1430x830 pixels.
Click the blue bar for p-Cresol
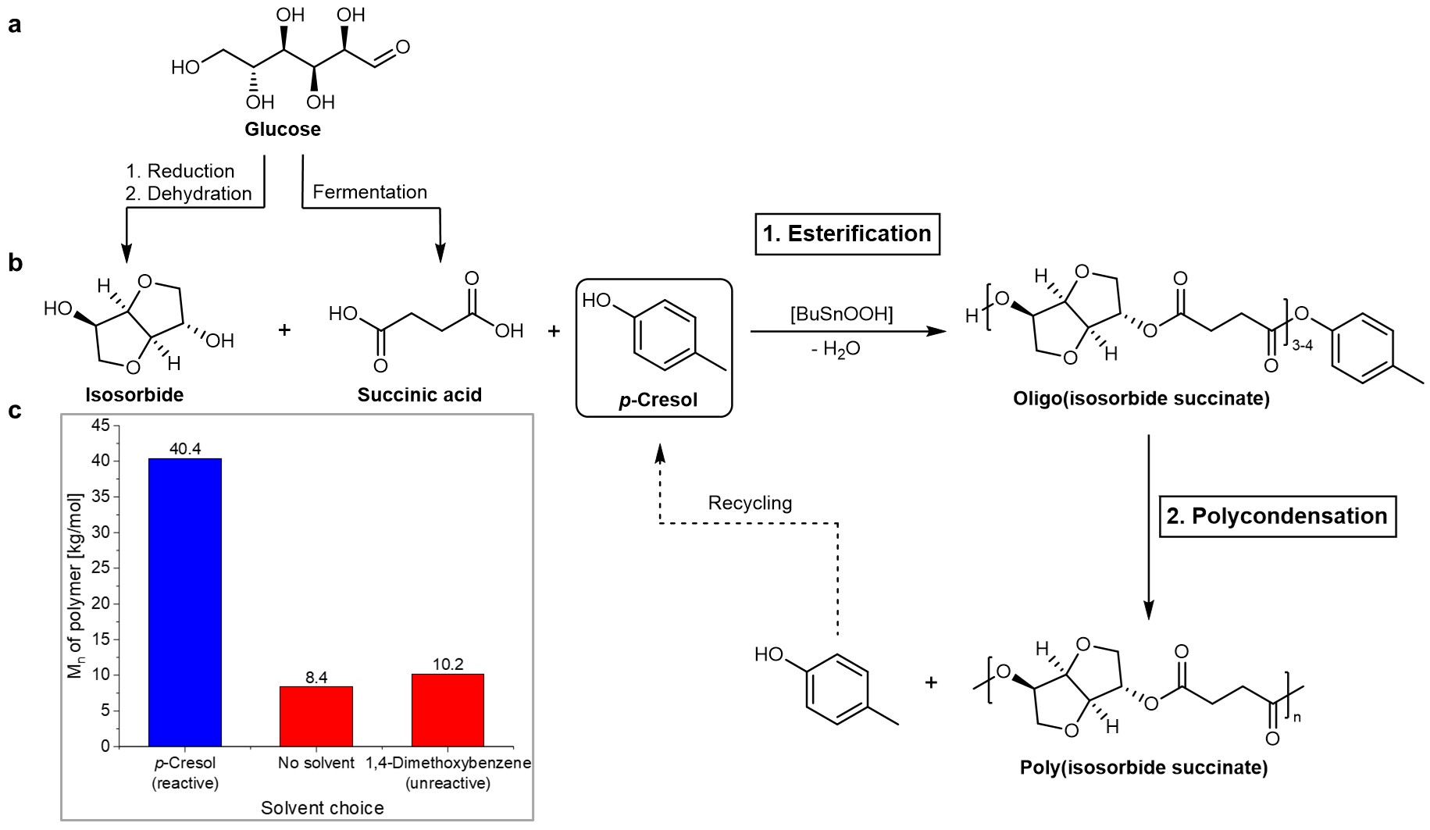coord(185,601)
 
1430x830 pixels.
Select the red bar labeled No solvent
coord(316,716)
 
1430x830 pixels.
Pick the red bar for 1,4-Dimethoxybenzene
coord(448,710)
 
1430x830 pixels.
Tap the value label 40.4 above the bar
coord(185,448)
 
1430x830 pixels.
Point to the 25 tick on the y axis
coord(101,568)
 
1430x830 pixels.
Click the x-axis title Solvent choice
coord(322,808)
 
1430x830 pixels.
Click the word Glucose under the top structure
coord(283,130)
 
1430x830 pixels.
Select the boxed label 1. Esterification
coord(847,233)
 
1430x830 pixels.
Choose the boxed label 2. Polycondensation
coord(1277,516)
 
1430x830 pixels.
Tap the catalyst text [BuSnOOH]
coord(842,314)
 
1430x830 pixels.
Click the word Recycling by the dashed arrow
coord(750,503)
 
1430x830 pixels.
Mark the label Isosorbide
coord(134,395)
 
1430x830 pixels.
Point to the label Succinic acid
coord(419,395)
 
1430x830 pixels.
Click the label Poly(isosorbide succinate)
coord(1143,768)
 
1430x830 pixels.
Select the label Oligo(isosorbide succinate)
coord(1141,399)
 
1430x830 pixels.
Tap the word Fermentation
coord(369,192)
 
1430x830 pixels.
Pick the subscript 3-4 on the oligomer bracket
coord(1302,345)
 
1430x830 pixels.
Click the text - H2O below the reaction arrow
coord(836,350)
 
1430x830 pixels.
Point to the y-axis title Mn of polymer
coord(76,586)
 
